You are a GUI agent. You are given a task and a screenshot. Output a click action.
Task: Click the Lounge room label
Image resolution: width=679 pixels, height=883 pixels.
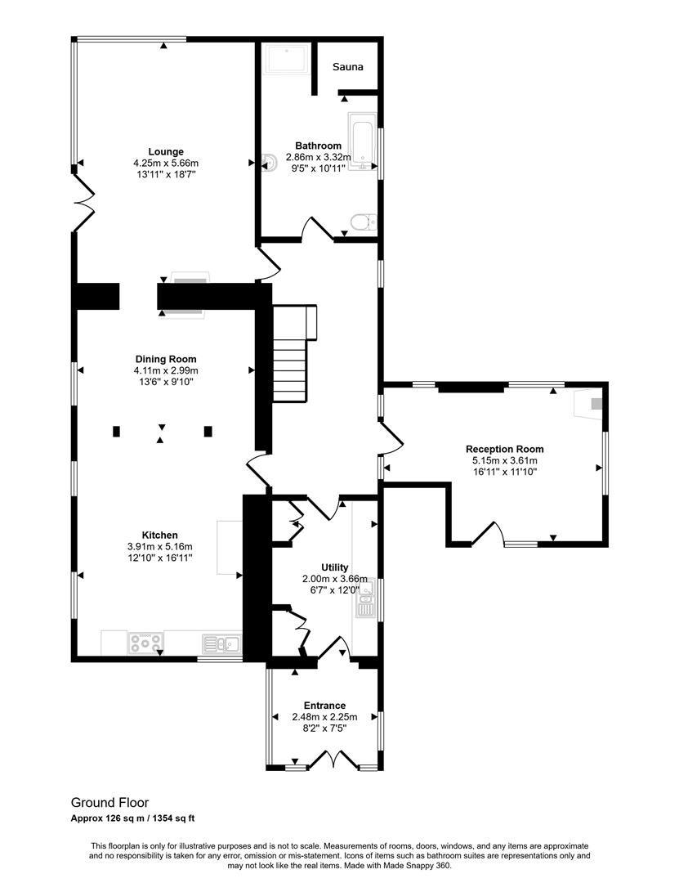(x=166, y=151)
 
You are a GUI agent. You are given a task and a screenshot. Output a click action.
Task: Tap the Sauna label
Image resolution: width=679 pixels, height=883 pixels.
(x=347, y=67)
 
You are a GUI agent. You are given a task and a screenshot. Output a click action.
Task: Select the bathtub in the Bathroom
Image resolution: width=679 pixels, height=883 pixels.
(x=361, y=143)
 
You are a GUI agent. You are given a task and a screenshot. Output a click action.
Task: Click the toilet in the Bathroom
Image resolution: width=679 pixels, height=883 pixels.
(x=361, y=221)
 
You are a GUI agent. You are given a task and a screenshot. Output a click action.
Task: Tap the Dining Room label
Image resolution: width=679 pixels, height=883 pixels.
(x=166, y=359)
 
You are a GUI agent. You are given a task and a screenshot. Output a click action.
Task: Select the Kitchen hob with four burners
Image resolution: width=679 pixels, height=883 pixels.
(x=145, y=644)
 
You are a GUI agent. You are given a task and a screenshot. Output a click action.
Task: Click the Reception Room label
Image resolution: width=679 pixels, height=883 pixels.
(x=504, y=449)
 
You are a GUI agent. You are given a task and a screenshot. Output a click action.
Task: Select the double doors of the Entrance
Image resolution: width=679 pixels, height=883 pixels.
(x=333, y=762)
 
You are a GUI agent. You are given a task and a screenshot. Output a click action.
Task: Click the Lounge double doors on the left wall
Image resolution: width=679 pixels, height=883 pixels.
(x=82, y=200)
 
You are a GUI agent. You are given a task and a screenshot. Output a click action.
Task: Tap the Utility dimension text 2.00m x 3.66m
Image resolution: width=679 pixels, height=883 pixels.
(x=334, y=579)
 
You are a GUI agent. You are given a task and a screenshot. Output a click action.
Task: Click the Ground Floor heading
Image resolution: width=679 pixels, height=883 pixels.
(x=109, y=803)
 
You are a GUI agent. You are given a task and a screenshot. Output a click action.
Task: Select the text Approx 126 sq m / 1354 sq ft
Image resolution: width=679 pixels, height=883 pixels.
(x=132, y=818)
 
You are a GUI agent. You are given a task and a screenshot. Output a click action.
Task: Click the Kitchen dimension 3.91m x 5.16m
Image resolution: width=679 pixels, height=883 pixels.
(x=159, y=546)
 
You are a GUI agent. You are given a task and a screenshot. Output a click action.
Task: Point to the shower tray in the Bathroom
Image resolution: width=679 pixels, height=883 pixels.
(x=285, y=61)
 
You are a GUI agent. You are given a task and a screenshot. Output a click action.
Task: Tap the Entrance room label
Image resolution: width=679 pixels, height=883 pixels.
(x=324, y=706)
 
